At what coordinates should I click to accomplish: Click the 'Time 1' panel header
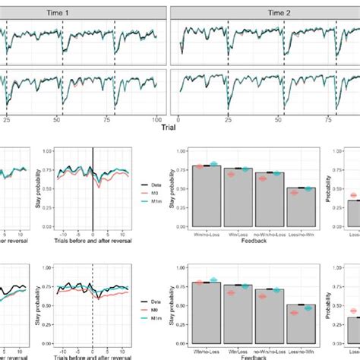84,11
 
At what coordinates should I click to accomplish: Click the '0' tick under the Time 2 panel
178,118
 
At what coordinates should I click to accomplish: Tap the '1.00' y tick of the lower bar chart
184,267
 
